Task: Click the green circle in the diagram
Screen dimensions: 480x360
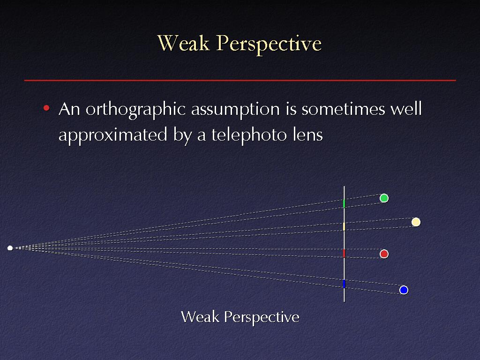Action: click(x=384, y=198)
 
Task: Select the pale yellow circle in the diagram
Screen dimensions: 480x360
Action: click(x=416, y=222)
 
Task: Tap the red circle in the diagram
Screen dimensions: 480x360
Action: click(x=384, y=254)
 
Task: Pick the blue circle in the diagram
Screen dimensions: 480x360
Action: click(x=404, y=290)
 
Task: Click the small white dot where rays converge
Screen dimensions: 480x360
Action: click(x=10, y=248)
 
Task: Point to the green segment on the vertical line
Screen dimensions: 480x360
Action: click(x=344, y=203)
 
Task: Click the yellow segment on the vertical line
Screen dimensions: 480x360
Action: click(x=344, y=226)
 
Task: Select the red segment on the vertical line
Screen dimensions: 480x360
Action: click(x=344, y=253)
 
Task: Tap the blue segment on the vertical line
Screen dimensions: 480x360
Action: click(x=344, y=284)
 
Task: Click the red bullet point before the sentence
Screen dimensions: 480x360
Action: click(x=46, y=108)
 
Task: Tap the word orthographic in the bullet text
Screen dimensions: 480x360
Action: click(x=135, y=110)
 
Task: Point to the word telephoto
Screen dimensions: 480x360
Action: click(x=249, y=135)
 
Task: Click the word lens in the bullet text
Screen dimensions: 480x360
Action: click(x=307, y=135)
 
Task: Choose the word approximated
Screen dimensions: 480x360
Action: click(x=113, y=135)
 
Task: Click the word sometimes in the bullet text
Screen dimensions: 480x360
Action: click(x=343, y=109)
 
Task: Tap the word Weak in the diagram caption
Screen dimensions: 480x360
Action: click(x=200, y=317)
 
